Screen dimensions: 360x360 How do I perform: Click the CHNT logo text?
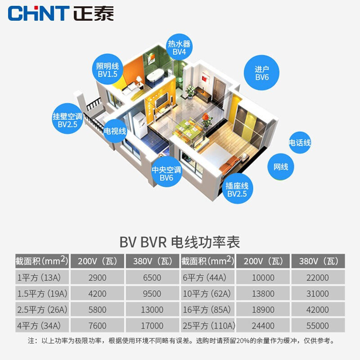click(x=38, y=13)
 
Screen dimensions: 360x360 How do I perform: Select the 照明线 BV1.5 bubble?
click(x=107, y=70)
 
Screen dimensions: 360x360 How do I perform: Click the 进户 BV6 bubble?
click(x=261, y=73)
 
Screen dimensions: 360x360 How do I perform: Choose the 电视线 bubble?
click(x=115, y=131)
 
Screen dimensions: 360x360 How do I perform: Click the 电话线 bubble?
click(x=300, y=143)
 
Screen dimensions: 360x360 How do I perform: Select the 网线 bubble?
click(x=281, y=167)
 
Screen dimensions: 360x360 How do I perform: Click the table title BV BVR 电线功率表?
click(x=180, y=242)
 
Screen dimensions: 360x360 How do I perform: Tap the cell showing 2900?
click(x=98, y=278)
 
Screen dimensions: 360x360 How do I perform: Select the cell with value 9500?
click(x=152, y=294)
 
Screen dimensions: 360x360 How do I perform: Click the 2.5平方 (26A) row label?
click(x=42, y=310)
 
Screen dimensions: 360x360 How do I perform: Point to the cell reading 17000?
click(x=152, y=325)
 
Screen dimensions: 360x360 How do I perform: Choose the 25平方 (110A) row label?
click(x=208, y=325)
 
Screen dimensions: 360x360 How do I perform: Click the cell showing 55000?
click(x=317, y=325)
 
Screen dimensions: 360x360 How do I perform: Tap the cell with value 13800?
click(x=263, y=294)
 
